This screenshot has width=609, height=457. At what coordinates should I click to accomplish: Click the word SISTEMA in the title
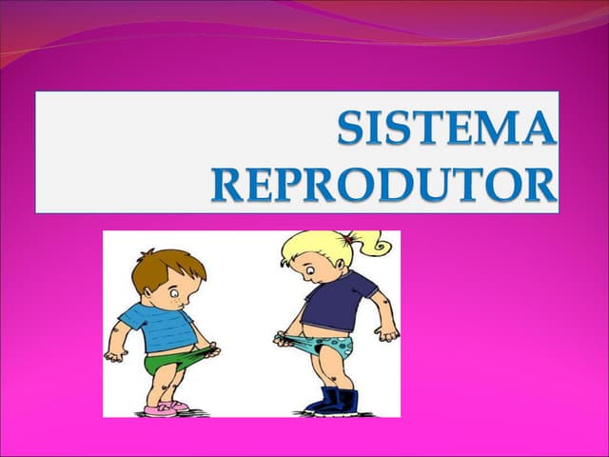446,130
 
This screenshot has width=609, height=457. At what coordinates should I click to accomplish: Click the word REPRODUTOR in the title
383,185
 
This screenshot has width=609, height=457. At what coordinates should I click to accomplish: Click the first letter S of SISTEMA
354,130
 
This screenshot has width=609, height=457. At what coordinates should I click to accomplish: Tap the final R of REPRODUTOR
540,185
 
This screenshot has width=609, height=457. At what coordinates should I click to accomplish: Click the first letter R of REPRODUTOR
227,185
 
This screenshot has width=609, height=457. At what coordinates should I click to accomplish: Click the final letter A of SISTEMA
539,130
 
